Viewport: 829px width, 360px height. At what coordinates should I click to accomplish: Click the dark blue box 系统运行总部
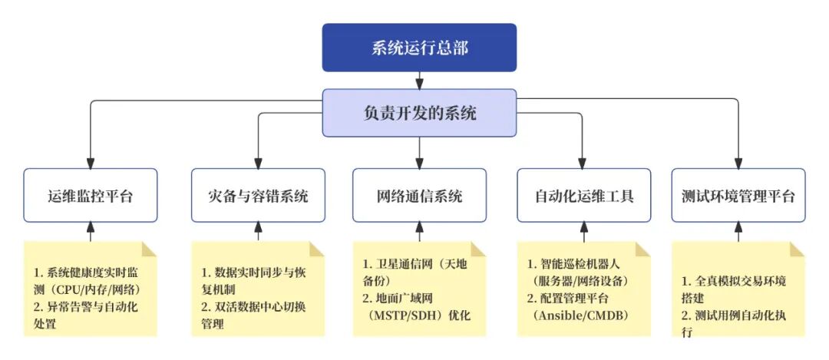pyautogui.click(x=418, y=48)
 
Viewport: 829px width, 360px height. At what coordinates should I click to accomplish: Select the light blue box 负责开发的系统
pyautogui.click(x=418, y=113)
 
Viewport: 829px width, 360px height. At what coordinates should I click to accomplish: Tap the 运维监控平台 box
pyautogui.click(x=91, y=196)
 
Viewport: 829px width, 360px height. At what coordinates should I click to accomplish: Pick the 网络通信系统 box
pyautogui.click(x=419, y=196)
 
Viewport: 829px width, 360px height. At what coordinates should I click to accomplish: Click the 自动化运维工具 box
pyautogui.click(x=583, y=196)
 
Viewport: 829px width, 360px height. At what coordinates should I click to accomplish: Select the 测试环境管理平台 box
pyautogui.click(x=738, y=196)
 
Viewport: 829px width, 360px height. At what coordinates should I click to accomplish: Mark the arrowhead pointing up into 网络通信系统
pyautogui.click(x=419, y=228)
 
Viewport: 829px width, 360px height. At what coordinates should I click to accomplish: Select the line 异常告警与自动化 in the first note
pyautogui.click(x=86, y=307)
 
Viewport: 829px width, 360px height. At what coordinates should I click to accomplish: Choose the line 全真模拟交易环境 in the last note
pyautogui.click(x=733, y=281)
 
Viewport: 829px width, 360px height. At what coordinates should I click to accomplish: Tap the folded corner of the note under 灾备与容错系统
pyautogui.click(x=317, y=249)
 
